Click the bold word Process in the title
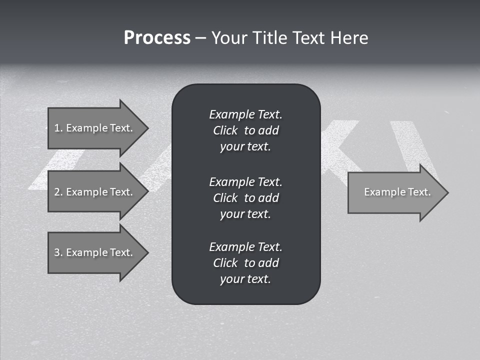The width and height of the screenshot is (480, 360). point(157,38)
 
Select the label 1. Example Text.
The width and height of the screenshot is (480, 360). point(93,128)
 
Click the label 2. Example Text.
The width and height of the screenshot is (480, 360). point(93,192)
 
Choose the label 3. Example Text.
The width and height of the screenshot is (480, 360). point(93,252)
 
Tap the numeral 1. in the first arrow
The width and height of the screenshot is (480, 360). point(58,128)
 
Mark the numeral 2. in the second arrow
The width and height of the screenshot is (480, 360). point(58,192)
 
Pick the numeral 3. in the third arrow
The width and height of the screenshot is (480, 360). point(58,252)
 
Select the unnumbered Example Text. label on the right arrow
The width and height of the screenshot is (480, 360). point(397,192)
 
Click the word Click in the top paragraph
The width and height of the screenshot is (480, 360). point(225,130)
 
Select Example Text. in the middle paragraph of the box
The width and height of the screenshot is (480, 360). point(245,181)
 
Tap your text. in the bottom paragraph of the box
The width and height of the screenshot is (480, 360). point(245,279)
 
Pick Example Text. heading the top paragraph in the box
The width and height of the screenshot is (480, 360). point(245,114)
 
